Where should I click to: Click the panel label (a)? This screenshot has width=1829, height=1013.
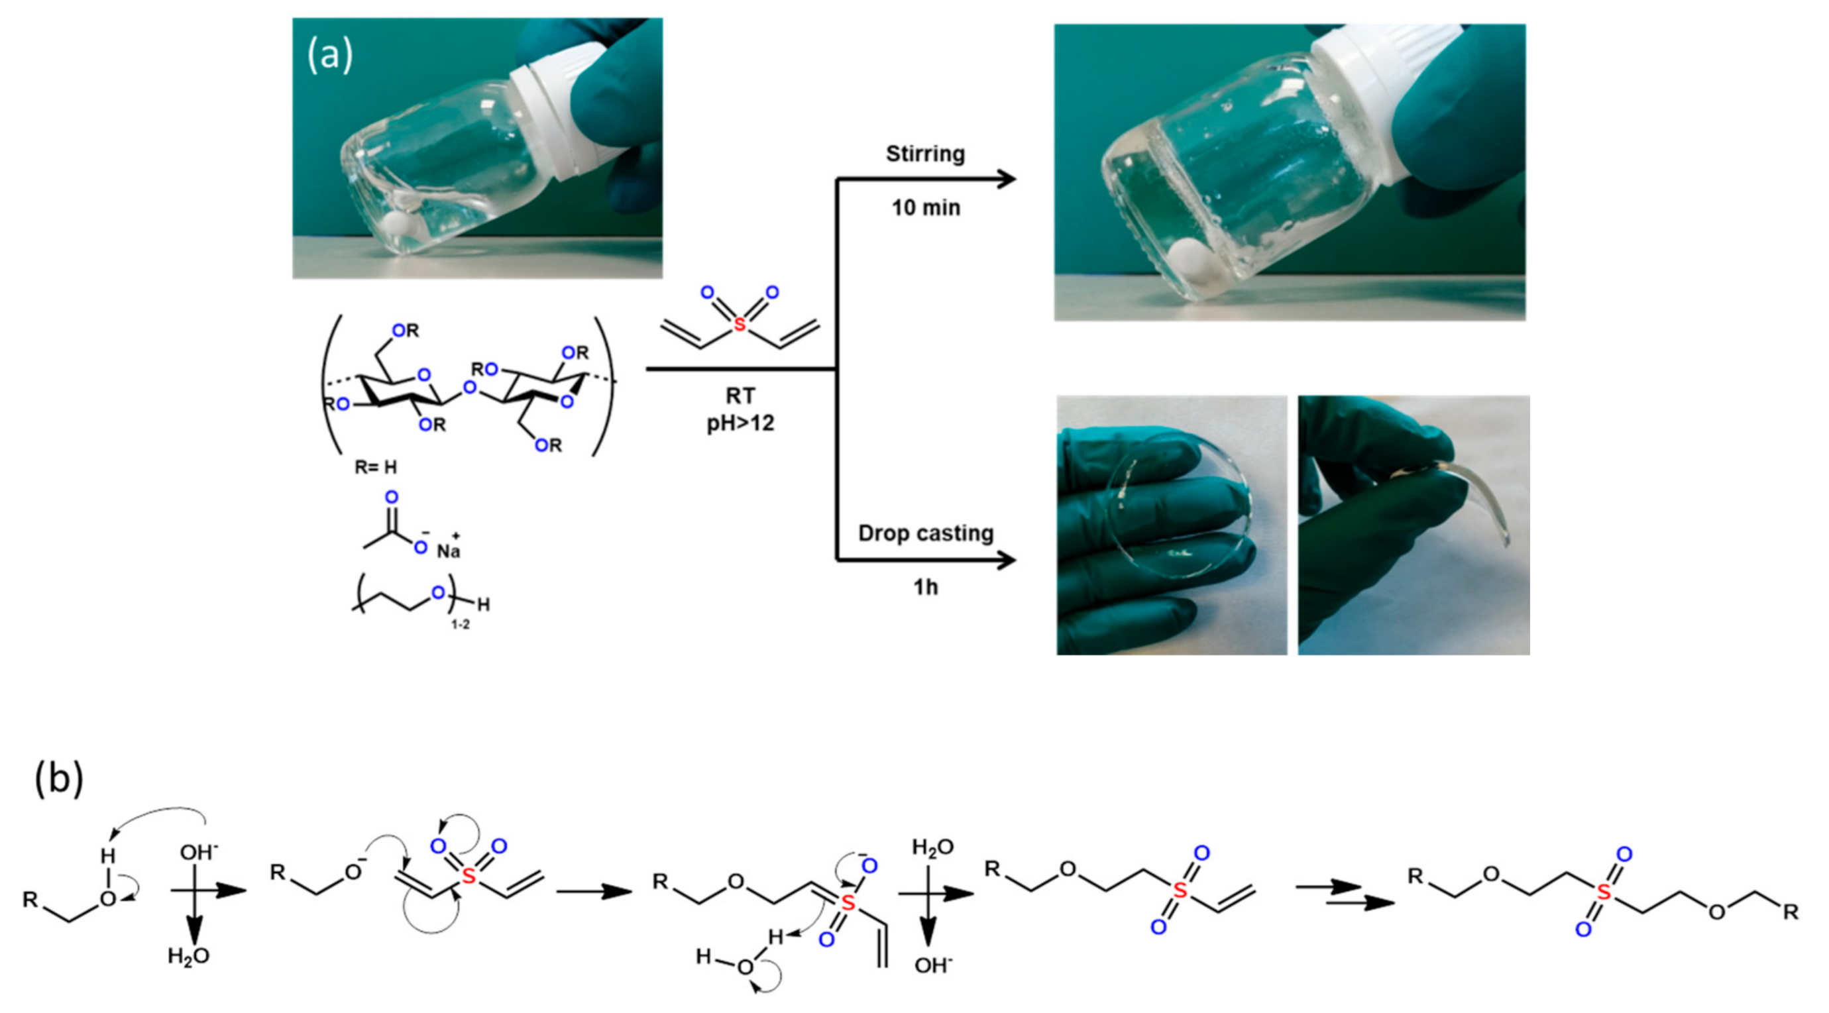329,56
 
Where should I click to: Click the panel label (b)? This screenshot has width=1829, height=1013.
58,778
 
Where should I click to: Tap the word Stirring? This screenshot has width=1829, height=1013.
925,154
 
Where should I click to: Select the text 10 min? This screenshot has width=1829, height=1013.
926,208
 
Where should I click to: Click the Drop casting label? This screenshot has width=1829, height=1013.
925,533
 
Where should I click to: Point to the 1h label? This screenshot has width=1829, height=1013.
925,587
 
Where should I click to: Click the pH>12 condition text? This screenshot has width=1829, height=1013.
740,424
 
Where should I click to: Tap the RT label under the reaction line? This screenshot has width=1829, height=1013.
740,396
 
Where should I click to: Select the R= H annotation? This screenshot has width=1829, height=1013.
376,467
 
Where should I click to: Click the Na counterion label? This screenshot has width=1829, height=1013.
448,551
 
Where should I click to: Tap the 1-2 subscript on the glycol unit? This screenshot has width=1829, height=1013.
460,625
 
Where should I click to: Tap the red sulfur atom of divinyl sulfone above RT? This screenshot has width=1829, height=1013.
740,325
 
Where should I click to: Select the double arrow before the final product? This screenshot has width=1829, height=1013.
1343,894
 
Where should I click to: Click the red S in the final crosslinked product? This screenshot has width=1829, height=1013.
1604,892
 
